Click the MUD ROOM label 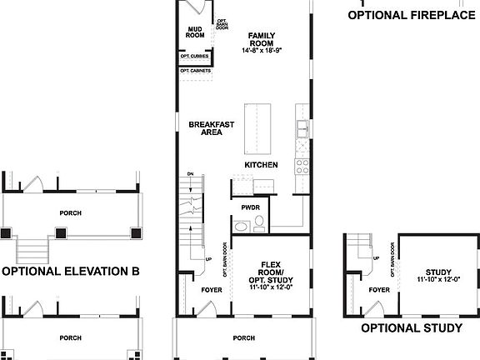click(x=194, y=32)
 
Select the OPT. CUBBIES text click(x=194, y=57)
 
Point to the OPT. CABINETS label click(x=194, y=71)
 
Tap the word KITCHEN click(x=261, y=165)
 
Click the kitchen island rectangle click(x=255, y=128)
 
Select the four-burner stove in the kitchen click(x=300, y=165)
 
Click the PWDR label click(x=251, y=207)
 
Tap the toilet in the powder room click(x=260, y=222)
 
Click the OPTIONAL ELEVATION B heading click(x=70, y=271)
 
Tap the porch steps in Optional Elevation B click(x=34, y=247)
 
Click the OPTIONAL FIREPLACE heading click(x=412, y=15)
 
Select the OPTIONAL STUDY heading click(x=411, y=327)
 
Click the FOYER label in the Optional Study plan click(x=379, y=290)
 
